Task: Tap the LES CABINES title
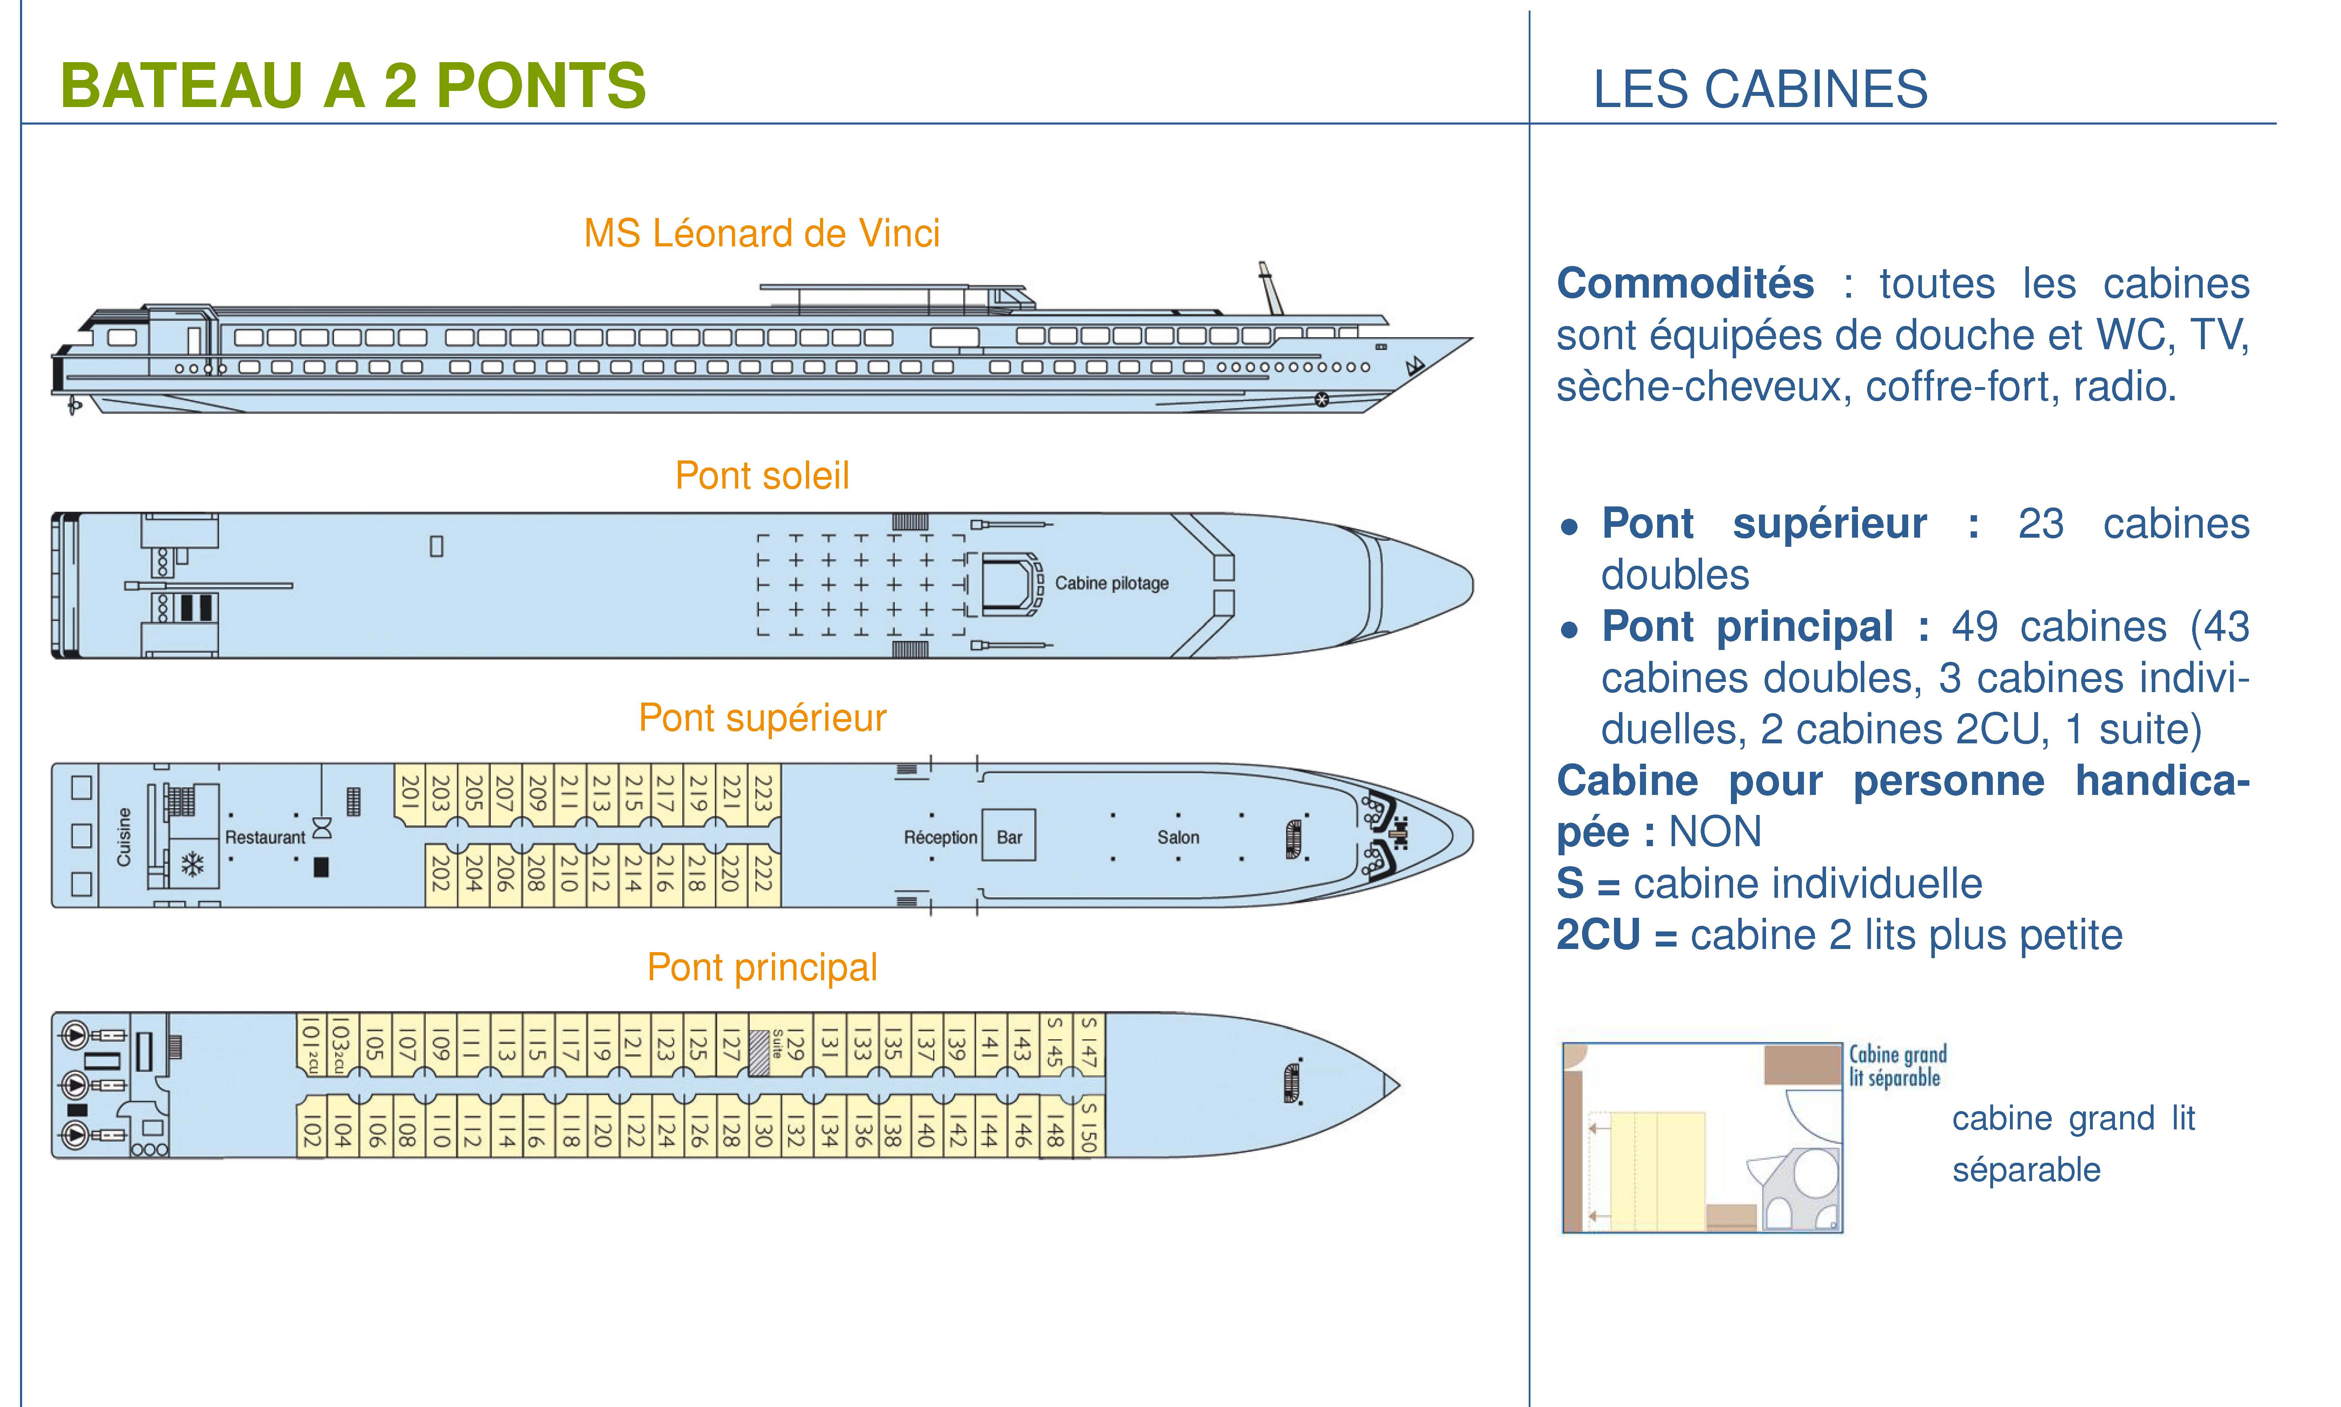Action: coord(1760,89)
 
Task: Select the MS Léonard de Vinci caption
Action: coord(761,233)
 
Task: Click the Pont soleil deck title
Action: coord(761,475)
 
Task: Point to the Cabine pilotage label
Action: coord(1111,583)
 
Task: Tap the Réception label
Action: coord(940,837)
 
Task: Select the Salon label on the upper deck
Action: coord(1178,837)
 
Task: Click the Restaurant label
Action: coord(265,837)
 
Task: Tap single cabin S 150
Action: coord(1089,1126)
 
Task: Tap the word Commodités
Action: coord(1685,284)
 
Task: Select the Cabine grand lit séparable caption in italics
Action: coord(1897,1066)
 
